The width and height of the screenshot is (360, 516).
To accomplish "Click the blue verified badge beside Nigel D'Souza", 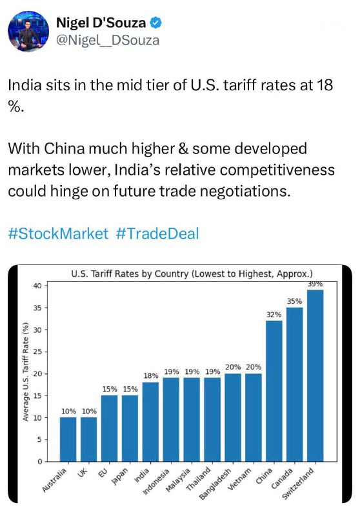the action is click(x=156, y=23).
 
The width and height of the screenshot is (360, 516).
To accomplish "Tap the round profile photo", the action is click(x=28, y=31).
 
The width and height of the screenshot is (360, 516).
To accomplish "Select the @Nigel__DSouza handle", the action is click(x=108, y=40).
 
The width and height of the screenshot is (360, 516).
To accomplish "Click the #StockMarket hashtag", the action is click(x=58, y=233).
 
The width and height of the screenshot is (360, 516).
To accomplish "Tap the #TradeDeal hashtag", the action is click(x=157, y=233).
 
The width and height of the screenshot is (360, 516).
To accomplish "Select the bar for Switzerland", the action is click(x=315, y=375).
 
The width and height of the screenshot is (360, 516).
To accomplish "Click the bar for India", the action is click(x=151, y=422).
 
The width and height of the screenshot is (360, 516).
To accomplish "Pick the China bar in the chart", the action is click(x=274, y=391).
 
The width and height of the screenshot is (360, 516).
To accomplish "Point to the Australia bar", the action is click(x=68, y=439).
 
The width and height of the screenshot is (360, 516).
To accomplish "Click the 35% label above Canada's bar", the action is click(x=294, y=301).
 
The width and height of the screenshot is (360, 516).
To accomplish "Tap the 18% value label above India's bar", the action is click(x=151, y=375).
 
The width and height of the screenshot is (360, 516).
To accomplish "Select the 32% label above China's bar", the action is click(x=274, y=314).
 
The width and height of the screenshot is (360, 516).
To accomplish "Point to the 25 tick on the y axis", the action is click(x=38, y=352).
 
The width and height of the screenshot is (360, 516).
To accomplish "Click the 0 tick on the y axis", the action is click(x=40, y=461).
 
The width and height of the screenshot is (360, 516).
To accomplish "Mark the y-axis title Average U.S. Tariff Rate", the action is click(x=25, y=372).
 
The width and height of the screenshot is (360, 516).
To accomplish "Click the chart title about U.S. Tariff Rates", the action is click(x=192, y=273).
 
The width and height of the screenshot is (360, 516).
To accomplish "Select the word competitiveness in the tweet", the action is click(x=277, y=170).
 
